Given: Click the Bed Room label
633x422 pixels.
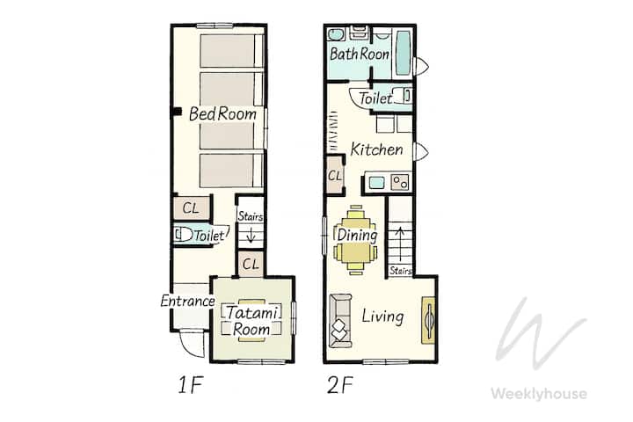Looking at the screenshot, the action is [x=222, y=113].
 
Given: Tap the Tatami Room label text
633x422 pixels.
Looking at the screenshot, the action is [x=251, y=321].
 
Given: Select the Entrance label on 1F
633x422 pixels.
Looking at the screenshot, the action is [x=187, y=301].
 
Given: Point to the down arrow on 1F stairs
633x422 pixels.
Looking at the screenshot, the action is [x=251, y=235].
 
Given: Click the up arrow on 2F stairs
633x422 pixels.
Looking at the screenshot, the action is [x=400, y=244].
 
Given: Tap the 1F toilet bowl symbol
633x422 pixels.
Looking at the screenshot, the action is [x=184, y=235].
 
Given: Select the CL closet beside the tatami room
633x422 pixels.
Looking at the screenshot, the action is [x=251, y=264].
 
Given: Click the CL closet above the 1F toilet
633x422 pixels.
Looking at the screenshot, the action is [x=192, y=208].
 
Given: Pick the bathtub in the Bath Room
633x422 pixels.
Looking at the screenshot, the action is [x=403, y=53].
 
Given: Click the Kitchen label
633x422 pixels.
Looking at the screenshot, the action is [x=376, y=149].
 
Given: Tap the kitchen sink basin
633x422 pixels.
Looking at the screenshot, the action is [x=376, y=183].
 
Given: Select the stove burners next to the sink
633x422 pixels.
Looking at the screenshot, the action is [x=400, y=183].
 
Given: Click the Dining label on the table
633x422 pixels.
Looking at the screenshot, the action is [x=357, y=235].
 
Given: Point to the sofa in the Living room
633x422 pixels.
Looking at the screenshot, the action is [x=340, y=321].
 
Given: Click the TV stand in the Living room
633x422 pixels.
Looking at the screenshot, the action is [x=428, y=321].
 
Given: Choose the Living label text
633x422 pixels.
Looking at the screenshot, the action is [x=382, y=316].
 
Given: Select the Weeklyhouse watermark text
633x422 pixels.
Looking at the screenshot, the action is [x=539, y=393].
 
